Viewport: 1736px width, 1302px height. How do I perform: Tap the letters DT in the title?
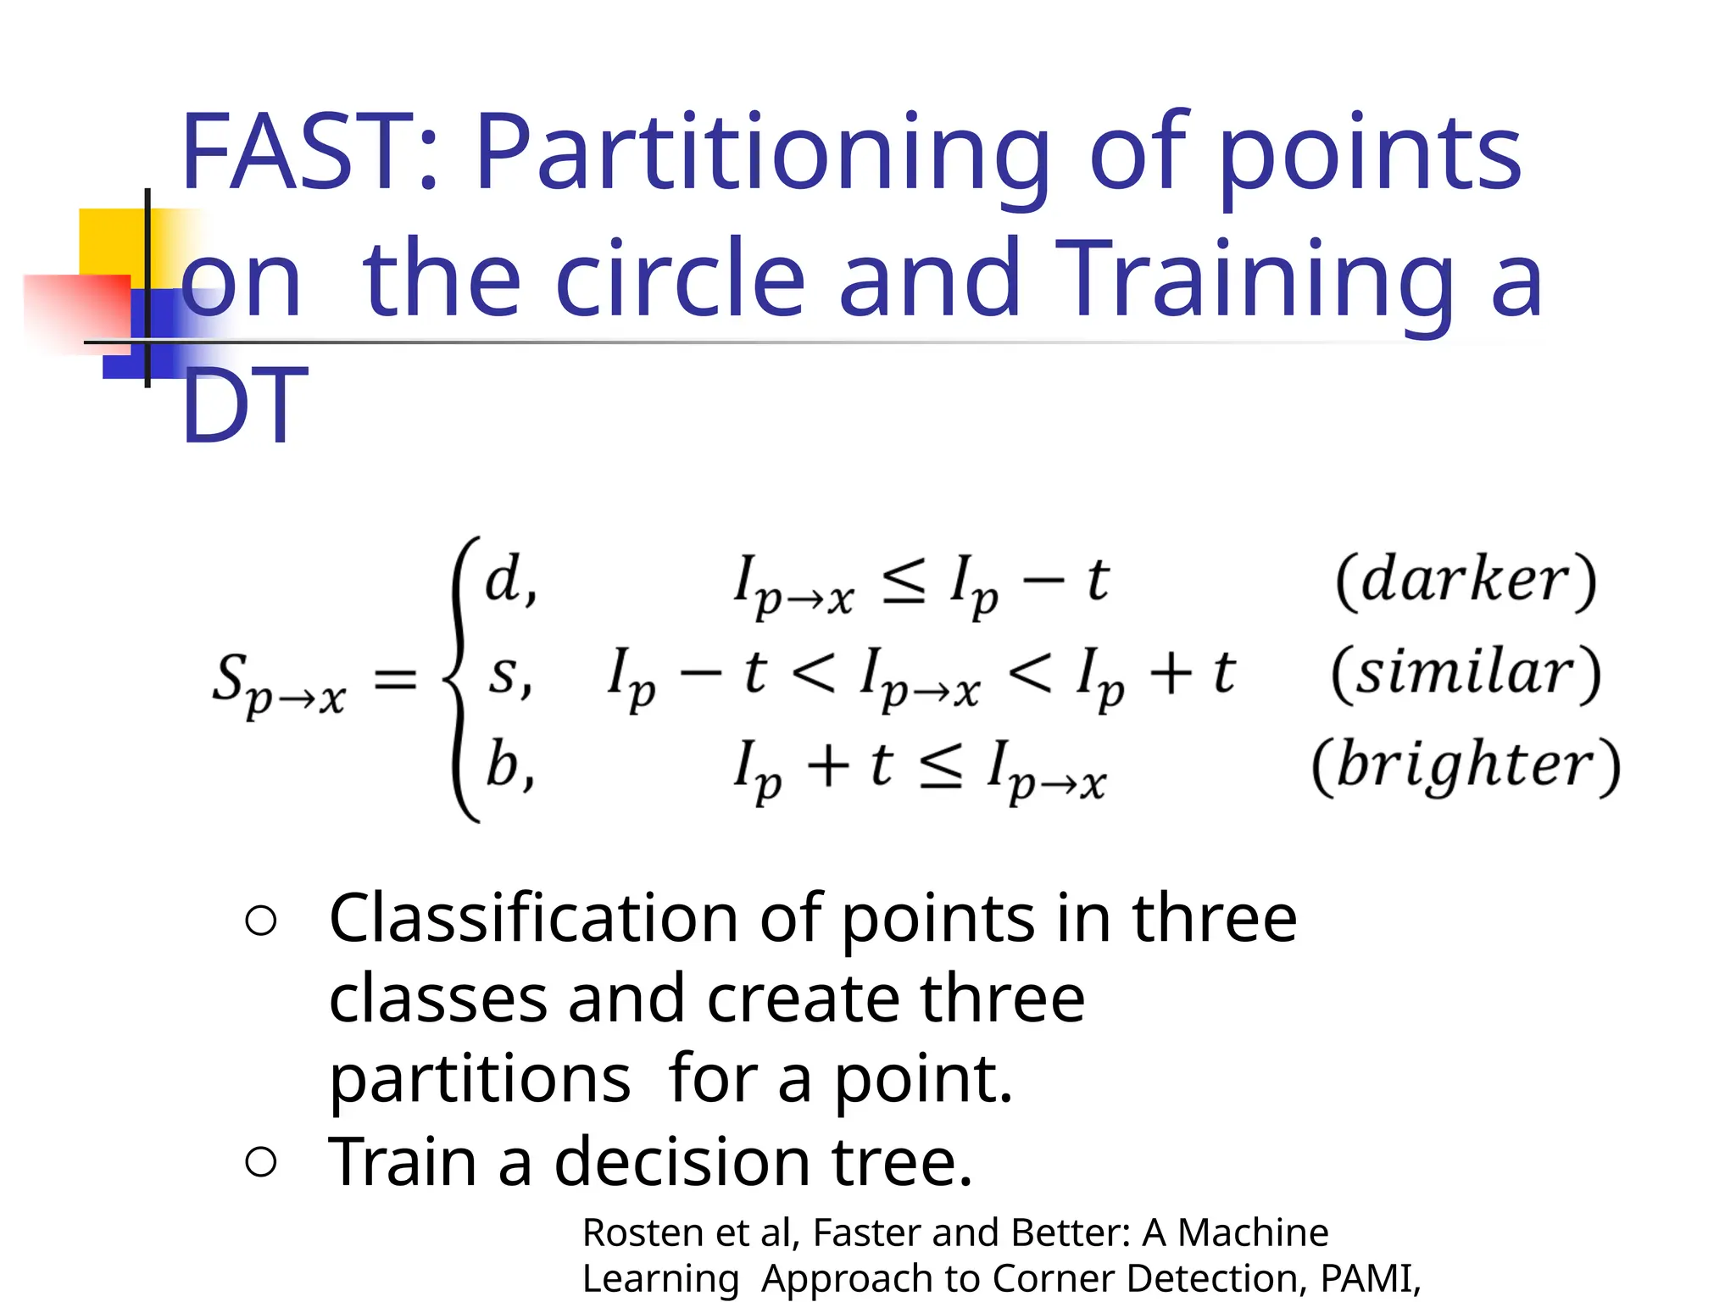(x=244, y=405)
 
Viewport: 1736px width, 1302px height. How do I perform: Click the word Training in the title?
(x=1255, y=280)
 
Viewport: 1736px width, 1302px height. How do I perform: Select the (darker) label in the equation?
(x=1466, y=581)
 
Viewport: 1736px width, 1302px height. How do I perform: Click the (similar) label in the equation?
(x=1466, y=674)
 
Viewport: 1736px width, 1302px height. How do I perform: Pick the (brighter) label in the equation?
(x=1466, y=765)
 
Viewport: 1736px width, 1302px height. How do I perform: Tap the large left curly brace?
(x=462, y=678)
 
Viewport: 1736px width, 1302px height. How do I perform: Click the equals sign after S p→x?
(x=396, y=678)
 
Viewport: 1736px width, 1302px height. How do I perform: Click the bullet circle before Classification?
(x=260, y=921)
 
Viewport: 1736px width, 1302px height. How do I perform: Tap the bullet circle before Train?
(x=260, y=1162)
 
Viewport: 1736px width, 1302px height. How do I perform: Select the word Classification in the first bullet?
(x=534, y=920)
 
